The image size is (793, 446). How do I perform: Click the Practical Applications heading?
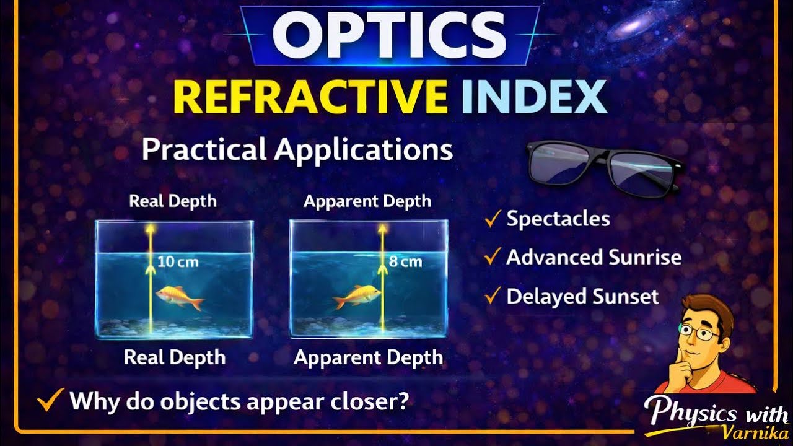(x=297, y=149)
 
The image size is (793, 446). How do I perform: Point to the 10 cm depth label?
(x=178, y=261)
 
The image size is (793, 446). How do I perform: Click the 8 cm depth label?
(x=406, y=261)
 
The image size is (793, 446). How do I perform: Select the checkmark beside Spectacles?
(x=493, y=219)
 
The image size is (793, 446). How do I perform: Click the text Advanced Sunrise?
(x=594, y=257)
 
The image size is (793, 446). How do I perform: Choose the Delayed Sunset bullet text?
(x=582, y=297)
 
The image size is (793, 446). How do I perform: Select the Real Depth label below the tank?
(x=174, y=357)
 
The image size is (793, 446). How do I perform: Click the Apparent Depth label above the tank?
(x=367, y=201)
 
